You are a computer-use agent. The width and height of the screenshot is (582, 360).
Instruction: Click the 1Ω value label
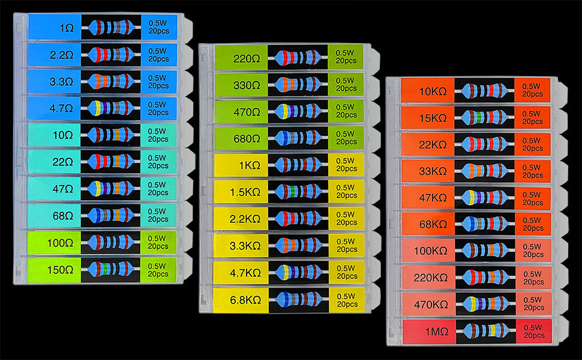coord(65,28)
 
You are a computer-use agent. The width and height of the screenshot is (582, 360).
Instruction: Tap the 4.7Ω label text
coord(62,109)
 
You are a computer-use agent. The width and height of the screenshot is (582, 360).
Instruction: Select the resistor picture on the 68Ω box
coord(111,214)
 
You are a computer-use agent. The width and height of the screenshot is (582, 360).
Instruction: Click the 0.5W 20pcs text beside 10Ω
coord(158,135)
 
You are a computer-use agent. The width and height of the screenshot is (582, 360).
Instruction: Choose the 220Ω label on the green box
coord(246,59)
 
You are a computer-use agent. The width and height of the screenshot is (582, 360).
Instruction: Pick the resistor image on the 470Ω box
coord(298,112)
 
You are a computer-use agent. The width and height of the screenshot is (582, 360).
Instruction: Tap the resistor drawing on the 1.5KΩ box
coord(298,191)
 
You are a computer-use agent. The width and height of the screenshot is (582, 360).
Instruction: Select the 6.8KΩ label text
coord(245,298)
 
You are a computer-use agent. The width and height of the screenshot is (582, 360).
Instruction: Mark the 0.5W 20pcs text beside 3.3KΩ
coord(346,244)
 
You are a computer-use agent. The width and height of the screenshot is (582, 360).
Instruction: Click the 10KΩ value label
coord(432,92)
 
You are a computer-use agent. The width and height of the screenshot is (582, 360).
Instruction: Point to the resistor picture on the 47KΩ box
coord(485,197)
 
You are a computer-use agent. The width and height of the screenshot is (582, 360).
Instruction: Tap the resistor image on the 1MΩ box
coord(485,330)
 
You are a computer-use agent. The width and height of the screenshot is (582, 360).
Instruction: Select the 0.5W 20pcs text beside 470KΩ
coord(532,304)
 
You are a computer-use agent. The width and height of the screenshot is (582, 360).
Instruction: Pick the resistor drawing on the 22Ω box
coord(111,161)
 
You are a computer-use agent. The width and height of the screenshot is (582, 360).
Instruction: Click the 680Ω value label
coord(246,138)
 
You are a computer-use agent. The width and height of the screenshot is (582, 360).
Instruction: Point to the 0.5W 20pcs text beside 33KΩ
coord(532,171)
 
